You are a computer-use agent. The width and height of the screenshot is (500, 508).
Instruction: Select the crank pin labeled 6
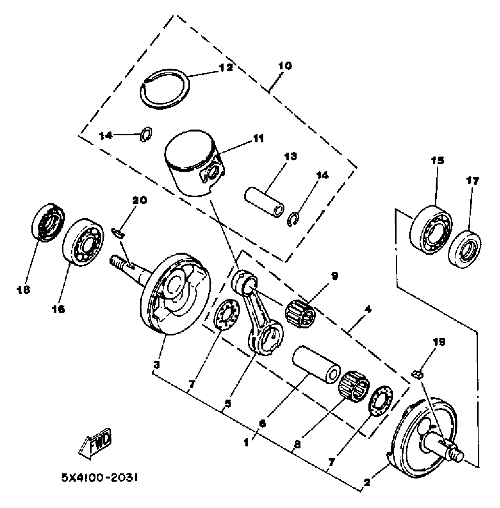point(316,364)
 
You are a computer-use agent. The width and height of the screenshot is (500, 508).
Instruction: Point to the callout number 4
point(368,310)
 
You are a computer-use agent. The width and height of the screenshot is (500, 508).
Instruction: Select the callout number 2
point(367,483)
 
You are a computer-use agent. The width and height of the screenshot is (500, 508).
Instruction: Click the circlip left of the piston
point(146,134)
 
